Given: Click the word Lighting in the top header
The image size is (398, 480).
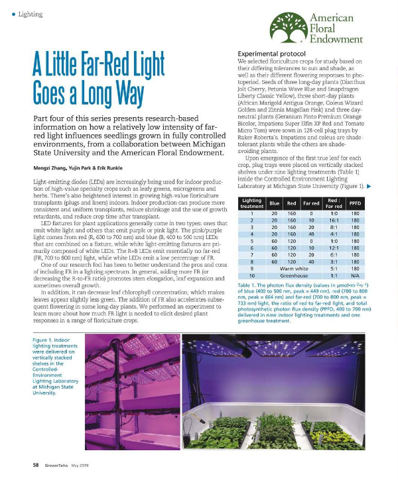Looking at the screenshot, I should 31,14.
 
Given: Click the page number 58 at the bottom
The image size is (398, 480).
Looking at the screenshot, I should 36,465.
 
